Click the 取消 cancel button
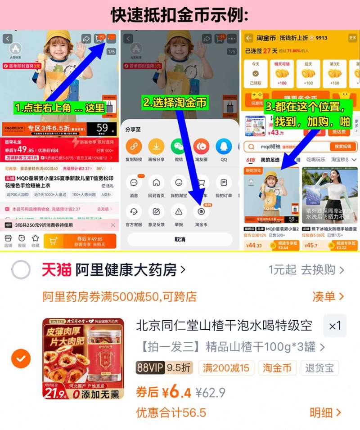tap(180, 239)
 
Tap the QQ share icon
tap(224, 147)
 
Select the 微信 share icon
tap(179, 147)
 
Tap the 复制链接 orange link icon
tap(134, 147)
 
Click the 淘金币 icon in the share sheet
tap(201, 211)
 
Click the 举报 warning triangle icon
tap(179, 211)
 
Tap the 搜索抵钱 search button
tap(343, 147)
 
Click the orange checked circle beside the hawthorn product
tap(21, 358)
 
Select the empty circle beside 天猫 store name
tap(21, 270)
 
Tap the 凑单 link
tap(328, 296)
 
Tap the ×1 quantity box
tap(335, 326)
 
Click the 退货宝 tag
tap(320, 367)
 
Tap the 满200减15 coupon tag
tap(226, 367)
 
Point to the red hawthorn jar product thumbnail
tap(83, 358)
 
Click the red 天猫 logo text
tap(56, 270)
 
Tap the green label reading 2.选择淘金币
tap(175, 103)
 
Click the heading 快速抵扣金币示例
tap(180, 15)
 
